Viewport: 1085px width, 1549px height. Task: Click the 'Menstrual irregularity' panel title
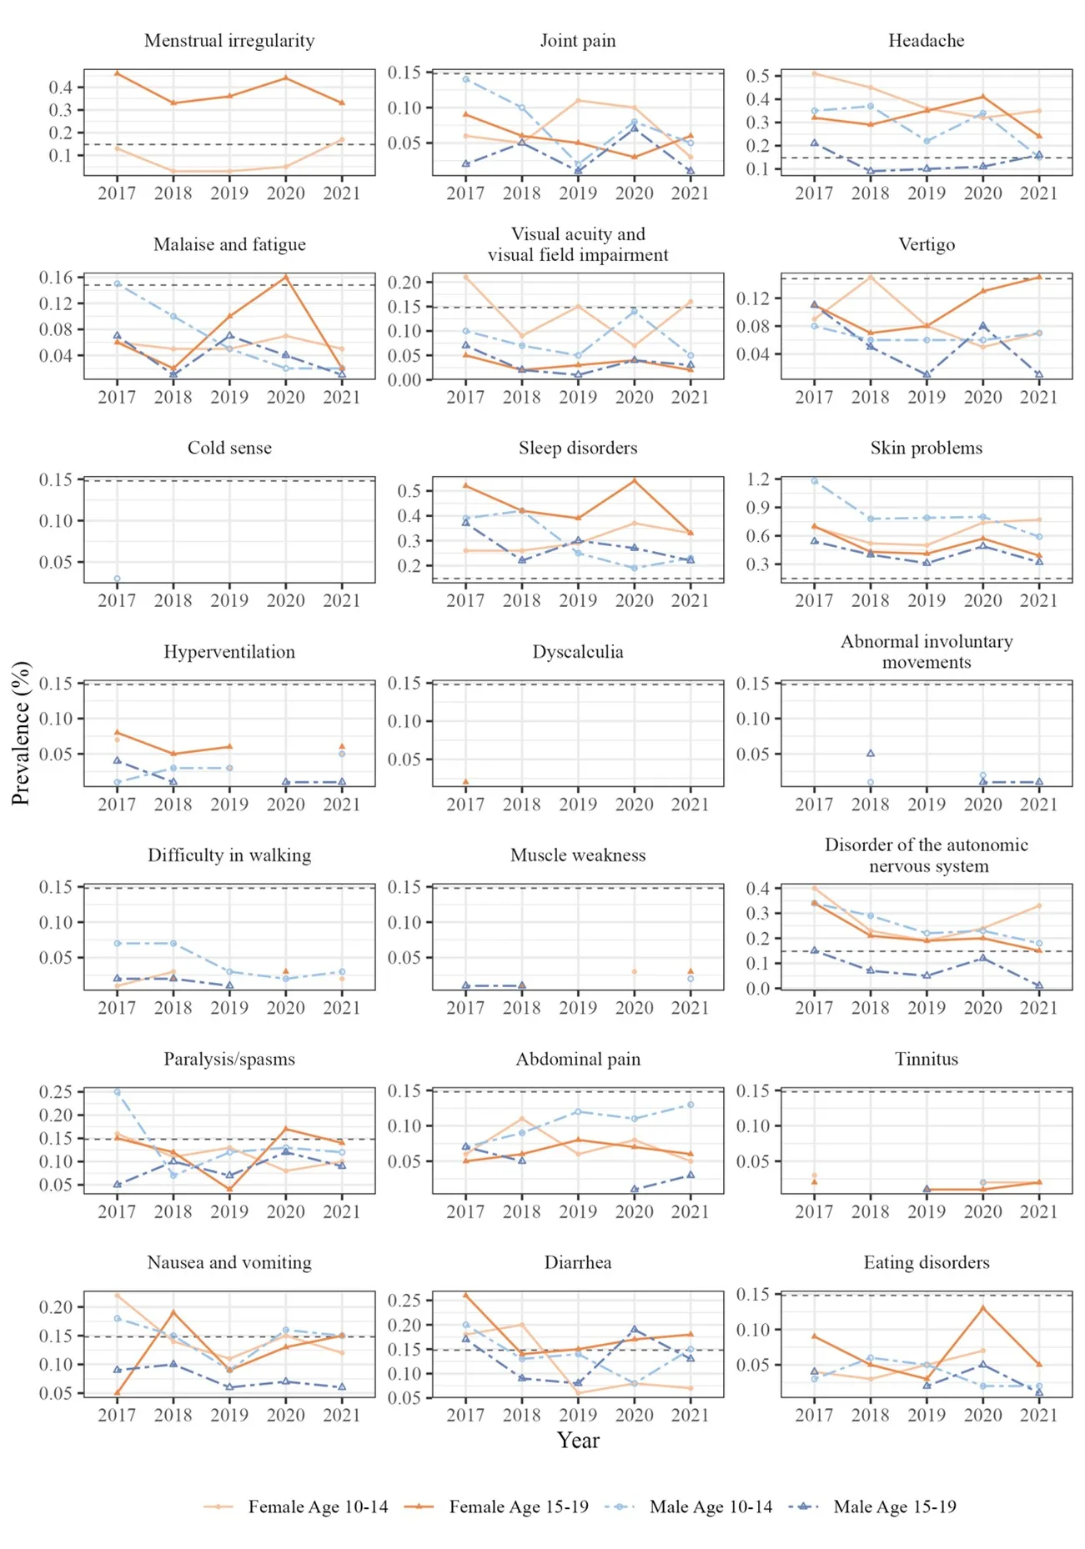click(x=229, y=41)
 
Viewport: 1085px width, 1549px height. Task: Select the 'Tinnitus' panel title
click(x=926, y=1059)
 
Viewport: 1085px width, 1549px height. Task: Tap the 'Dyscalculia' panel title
click(x=578, y=652)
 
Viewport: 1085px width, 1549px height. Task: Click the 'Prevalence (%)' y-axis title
click(x=21, y=733)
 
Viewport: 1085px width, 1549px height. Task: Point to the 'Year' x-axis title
click(x=578, y=1440)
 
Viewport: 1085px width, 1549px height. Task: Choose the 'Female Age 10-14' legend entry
click(x=296, y=1506)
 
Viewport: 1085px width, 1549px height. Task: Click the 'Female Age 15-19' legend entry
click(x=497, y=1506)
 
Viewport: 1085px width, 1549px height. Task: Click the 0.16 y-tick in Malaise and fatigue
click(x=62, y=277)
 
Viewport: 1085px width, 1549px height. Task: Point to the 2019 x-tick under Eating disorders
click(x=927, y=1415)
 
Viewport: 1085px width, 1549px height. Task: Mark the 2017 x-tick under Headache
click(x=814, y=193)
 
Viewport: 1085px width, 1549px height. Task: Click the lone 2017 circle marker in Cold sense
click(x=117, y=579)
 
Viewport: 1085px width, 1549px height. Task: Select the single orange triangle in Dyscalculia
click(x=465, y=782)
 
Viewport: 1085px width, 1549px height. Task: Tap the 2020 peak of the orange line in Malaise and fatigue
click(x=286, y=277)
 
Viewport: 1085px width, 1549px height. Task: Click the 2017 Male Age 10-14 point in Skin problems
click(x=814, y=481)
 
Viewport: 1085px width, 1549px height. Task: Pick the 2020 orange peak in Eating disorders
click(x=983, y=1308)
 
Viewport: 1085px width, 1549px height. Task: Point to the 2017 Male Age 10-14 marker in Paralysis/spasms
click(x=117, y=1092)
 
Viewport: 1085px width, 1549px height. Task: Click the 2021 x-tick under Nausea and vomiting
click(x=342, y=1415)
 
